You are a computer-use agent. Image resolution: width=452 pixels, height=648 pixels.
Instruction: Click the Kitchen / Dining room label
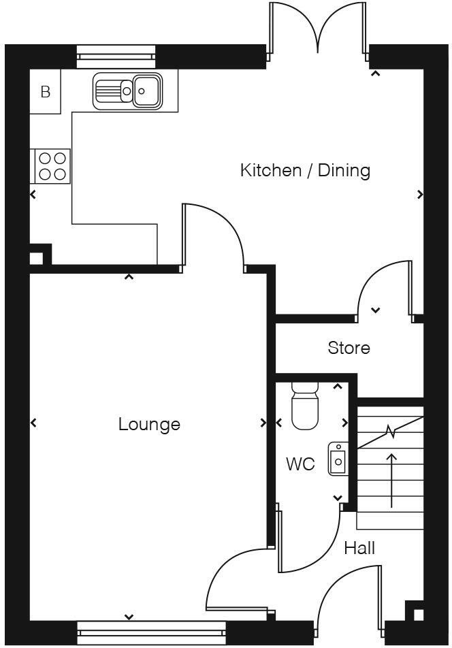click(305, 170)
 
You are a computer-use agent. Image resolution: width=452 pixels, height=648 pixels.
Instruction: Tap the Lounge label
click(149, 424)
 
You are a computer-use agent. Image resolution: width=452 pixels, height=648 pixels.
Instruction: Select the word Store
click(349, 348)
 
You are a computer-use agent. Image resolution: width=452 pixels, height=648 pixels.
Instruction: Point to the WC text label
click(300, 464)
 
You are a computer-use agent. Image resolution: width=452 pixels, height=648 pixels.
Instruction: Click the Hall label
click(359, 548)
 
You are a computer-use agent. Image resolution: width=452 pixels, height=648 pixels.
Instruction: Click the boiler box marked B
click(46, 92)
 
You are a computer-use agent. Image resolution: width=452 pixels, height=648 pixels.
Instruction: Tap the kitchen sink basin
click(146, 90)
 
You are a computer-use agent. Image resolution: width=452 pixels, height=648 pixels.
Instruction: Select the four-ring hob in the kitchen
click(52, 165)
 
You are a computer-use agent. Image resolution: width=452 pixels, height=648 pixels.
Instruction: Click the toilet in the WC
click(304, 406)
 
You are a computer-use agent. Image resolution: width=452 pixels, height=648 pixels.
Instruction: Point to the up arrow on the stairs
click(392, 480)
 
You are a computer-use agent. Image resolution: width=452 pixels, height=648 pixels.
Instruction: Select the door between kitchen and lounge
click(212, 235)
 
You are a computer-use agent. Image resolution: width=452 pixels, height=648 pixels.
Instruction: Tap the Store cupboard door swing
click(386, 289)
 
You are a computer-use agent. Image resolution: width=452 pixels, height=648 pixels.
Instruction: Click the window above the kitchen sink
click(116, 56)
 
